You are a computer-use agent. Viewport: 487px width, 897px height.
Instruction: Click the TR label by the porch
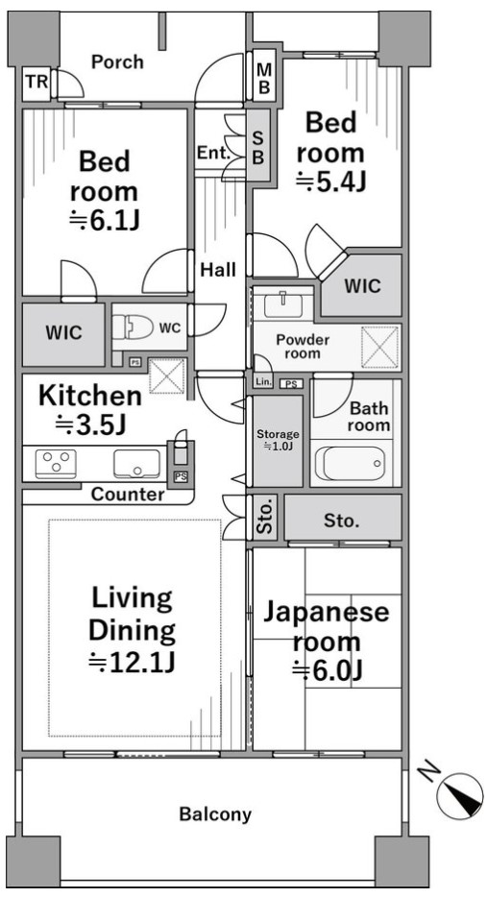[37, 82]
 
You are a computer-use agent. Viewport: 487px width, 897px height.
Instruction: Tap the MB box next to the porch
[264, 78]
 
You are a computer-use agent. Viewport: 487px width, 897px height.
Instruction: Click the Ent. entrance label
[213, 153]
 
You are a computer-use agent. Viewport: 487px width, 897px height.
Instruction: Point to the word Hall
[218, 269]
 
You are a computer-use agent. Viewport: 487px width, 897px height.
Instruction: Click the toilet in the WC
[133, 327]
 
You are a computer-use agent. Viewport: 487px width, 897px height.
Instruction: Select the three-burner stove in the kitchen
[56, 463]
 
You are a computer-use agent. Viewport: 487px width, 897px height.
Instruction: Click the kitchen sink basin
[136, 463]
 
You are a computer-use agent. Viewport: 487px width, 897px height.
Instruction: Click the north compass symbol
[460, 794]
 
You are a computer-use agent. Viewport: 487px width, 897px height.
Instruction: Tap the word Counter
[128, 494]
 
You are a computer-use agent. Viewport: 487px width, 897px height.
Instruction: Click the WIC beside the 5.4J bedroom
[363, 285]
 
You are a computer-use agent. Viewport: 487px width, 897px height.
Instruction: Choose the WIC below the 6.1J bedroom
[63, 333]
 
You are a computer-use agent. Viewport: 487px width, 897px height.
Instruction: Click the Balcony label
[215, 813]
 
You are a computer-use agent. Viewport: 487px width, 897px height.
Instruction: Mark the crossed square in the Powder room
[379, 347]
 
